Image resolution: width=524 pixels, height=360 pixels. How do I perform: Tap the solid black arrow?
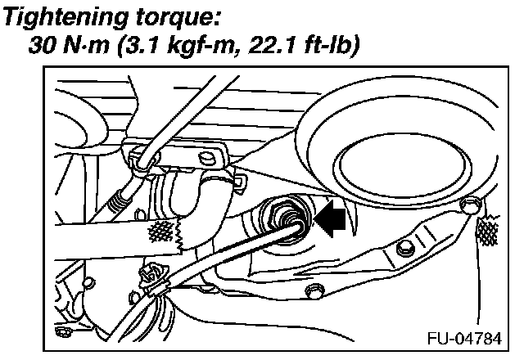coord(331,220)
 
